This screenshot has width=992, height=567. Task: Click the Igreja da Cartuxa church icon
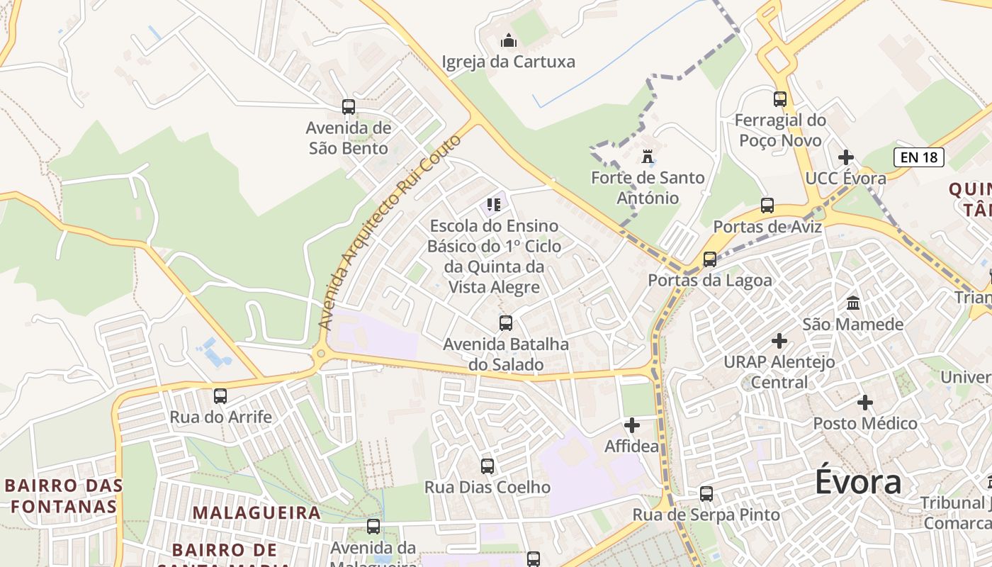(509, 40)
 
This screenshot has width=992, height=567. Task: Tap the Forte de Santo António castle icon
(648, 156)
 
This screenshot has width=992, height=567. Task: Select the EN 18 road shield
(919, 157)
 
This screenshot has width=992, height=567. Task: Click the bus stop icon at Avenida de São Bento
(349, 107)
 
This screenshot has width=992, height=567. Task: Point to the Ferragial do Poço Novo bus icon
(780, 99)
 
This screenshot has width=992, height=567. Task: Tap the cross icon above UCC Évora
(846, 157)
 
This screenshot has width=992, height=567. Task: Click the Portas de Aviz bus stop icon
(767, 206)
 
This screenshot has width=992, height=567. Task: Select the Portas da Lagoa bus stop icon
(710, 259)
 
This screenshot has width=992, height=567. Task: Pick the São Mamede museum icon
(853, 303)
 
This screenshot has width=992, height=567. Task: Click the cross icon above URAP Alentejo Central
(779, 341)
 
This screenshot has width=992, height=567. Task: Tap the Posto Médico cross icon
(865, 403)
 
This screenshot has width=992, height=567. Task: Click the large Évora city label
(858, 483)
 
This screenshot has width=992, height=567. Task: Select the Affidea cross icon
(632, 425)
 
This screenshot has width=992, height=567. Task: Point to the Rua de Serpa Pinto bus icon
(706, 494)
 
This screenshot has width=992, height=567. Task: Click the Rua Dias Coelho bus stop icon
(487, 466)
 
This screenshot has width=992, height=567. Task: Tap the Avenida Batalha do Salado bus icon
(506, 323)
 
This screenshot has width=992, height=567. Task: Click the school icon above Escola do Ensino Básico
(494, 206)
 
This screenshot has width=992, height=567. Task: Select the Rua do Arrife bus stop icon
(220, 396)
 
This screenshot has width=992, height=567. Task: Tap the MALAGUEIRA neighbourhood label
(257, 512)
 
